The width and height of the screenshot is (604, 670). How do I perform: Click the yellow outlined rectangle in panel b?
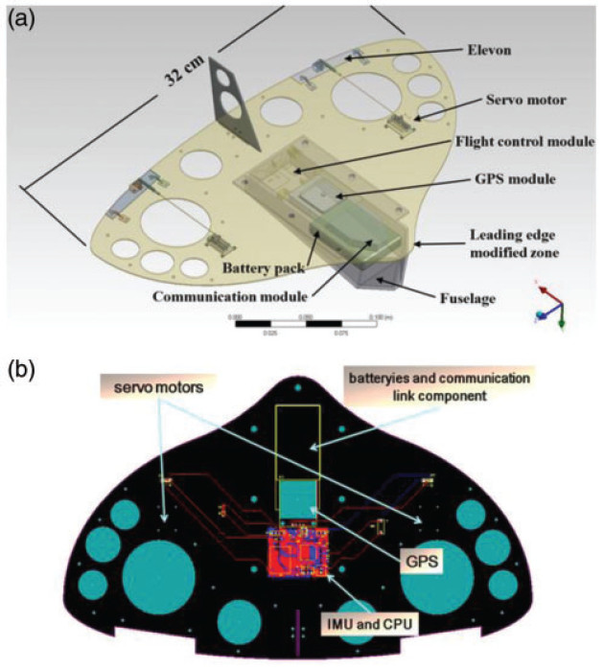[x=301, y=441]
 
